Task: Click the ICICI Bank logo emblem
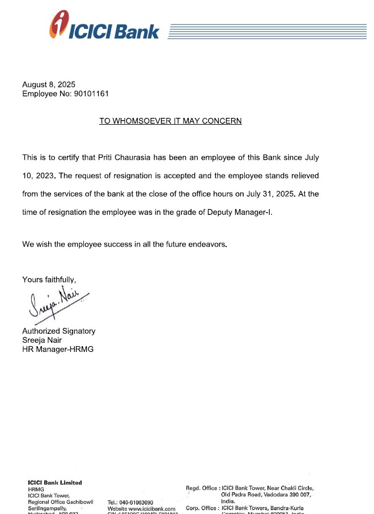(x=58, y=24)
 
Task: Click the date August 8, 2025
(x=49, y=84)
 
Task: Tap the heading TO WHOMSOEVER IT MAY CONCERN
(x=171, y=121)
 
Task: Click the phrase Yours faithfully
(x=49, y=279)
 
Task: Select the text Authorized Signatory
(x=59, y=331)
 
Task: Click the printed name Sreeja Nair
(x=46, y=340)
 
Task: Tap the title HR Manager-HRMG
(x=58, y=349)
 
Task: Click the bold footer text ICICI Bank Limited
(x=55, y=483)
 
